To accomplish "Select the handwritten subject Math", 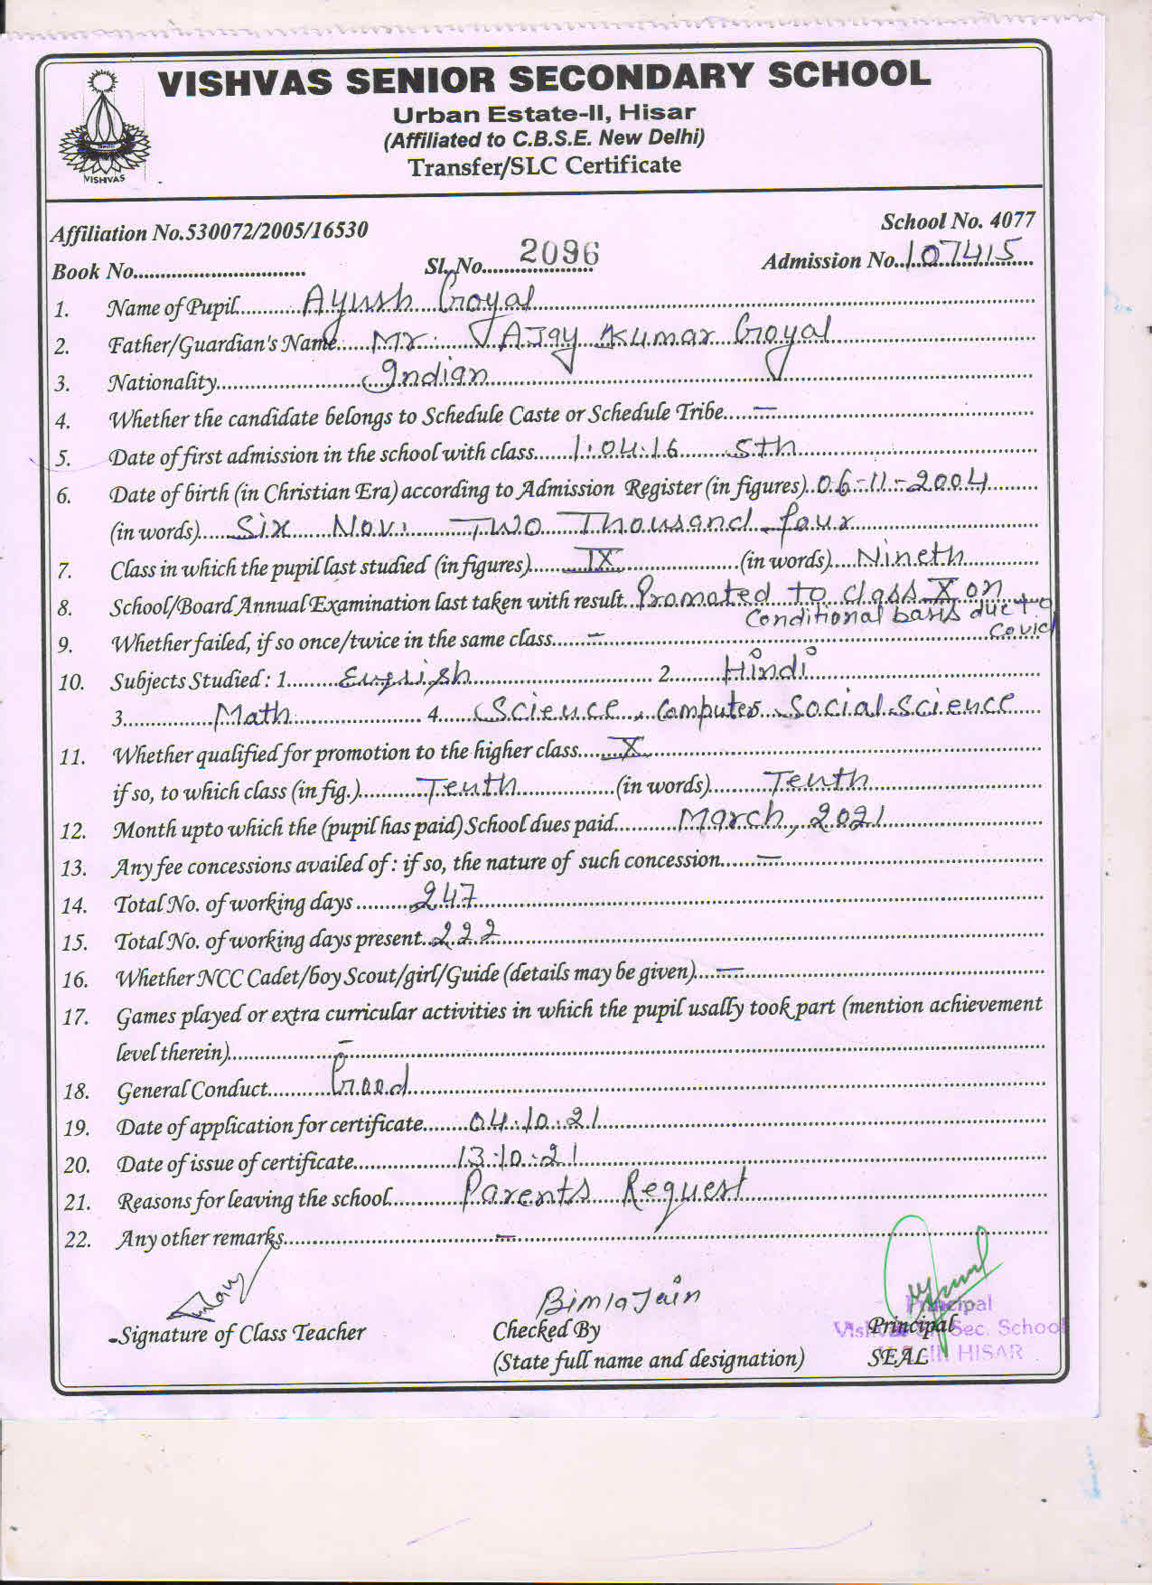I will [253, 715].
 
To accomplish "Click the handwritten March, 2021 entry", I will [781, 818].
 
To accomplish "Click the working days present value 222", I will [466, 933].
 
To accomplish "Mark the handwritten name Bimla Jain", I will [620, 1301].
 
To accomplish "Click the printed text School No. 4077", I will [957, 221].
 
